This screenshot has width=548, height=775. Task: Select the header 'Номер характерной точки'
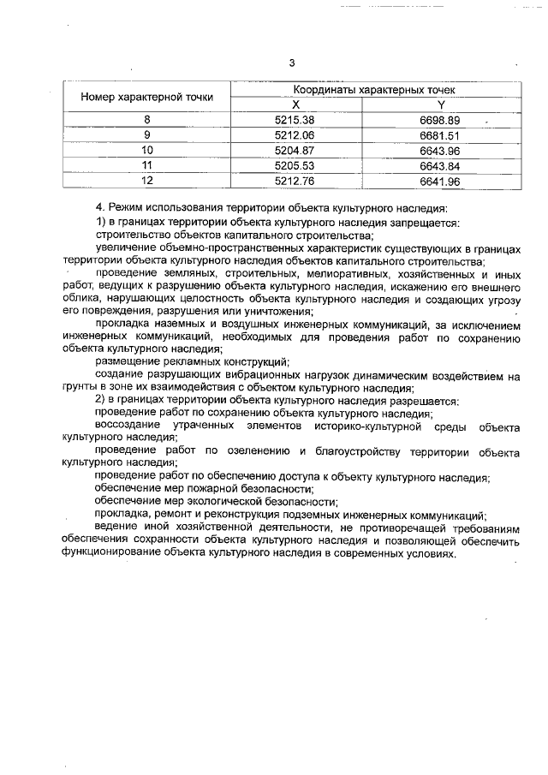click(147, 97)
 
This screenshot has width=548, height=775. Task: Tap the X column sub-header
click(296, 104)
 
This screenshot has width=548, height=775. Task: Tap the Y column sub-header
click(441, 104)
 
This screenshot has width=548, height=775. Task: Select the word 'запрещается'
click(423, 222)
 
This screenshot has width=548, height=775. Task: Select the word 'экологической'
click(223, 501)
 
